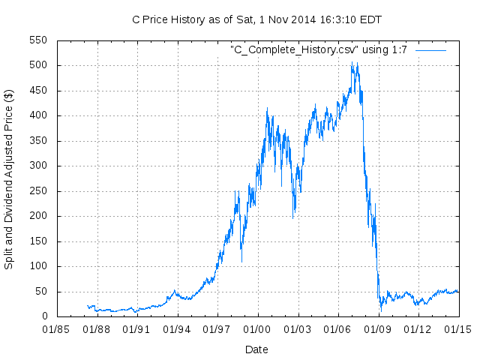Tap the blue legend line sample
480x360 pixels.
click(430, 49)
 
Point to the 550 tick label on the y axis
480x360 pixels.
click(37, 40)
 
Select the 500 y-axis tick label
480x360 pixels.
click(37, 65)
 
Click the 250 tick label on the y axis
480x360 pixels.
click(37, 191)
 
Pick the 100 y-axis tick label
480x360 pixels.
click(37, 266)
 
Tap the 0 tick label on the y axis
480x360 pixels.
click(43, 316)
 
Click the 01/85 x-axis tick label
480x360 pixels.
click(57, 329)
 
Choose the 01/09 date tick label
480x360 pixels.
click(378, 329)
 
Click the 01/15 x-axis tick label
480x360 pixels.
click(458, 329)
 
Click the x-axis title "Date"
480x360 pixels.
click(256, 349)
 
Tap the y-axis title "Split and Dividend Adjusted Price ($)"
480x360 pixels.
click(9, 179)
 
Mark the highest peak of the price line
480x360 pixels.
click(352, 62)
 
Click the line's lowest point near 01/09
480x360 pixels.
click(381, 310)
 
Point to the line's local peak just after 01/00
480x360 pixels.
click(267, 108)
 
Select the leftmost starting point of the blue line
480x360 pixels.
click(88, 306)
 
